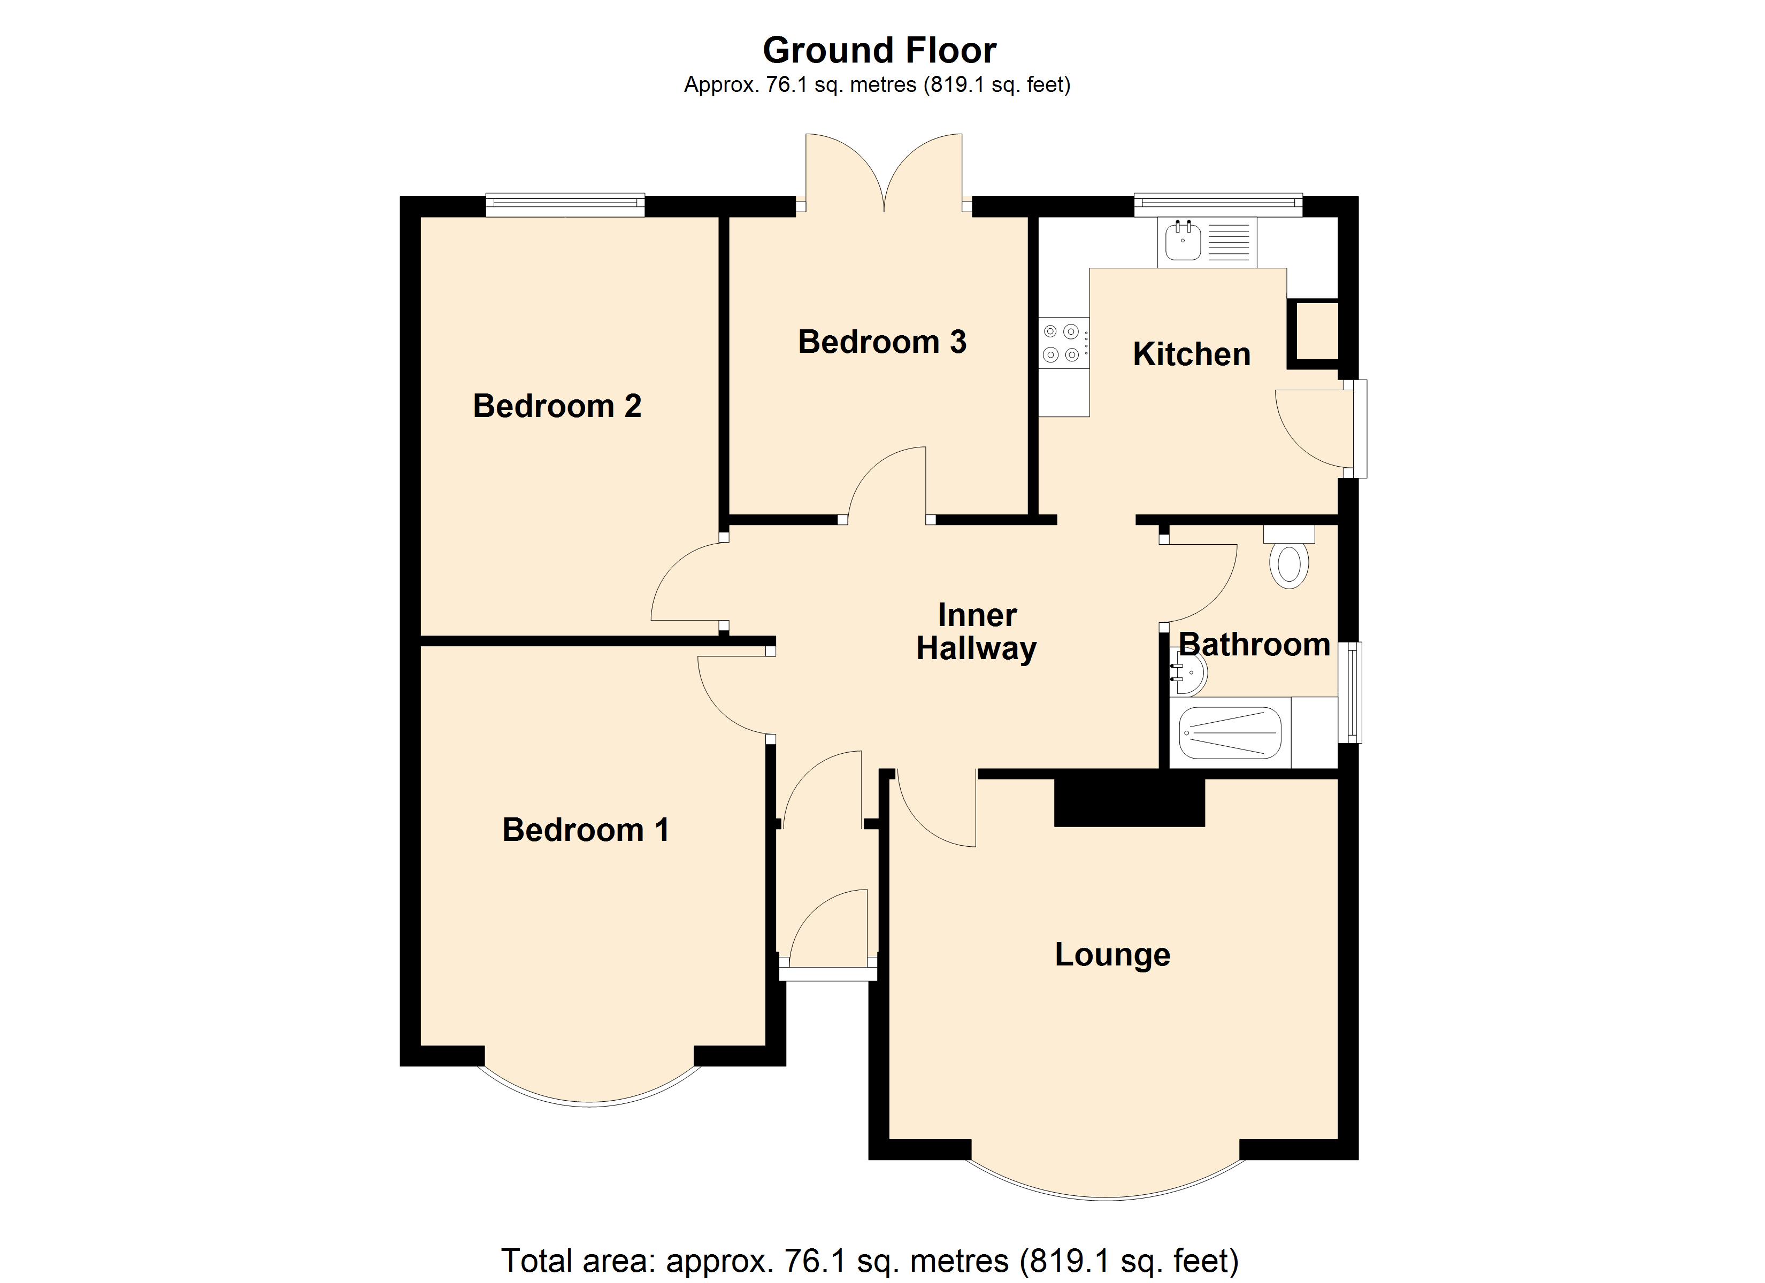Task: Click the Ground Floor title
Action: tap(879, 51)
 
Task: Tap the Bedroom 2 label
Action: tap(557, 406)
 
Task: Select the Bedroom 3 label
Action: tap(882, 342)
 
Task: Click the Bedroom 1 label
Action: tap(585, 830)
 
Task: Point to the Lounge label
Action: tap(1112, 955)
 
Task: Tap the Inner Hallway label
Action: tap(977, 632)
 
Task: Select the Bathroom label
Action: tap(1255, 645)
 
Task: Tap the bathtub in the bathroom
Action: tap(1230, 732)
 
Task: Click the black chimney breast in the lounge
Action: tap(1129, 801)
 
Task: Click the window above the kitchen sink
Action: tap(1218, 205)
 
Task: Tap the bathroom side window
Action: tap(1354, 692)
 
